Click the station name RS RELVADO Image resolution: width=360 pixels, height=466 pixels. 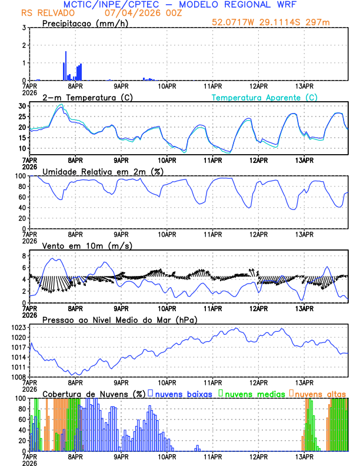point(44,13)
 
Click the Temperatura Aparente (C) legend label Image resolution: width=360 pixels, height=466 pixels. point(264,97)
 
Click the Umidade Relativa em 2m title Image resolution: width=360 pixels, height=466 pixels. point(101,171)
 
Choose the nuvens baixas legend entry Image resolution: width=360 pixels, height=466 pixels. point(183,394)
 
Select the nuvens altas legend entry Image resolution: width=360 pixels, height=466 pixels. point(320,394)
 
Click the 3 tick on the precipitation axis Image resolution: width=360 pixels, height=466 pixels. point(23,28)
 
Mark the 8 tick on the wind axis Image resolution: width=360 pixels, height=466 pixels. point(23,256)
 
